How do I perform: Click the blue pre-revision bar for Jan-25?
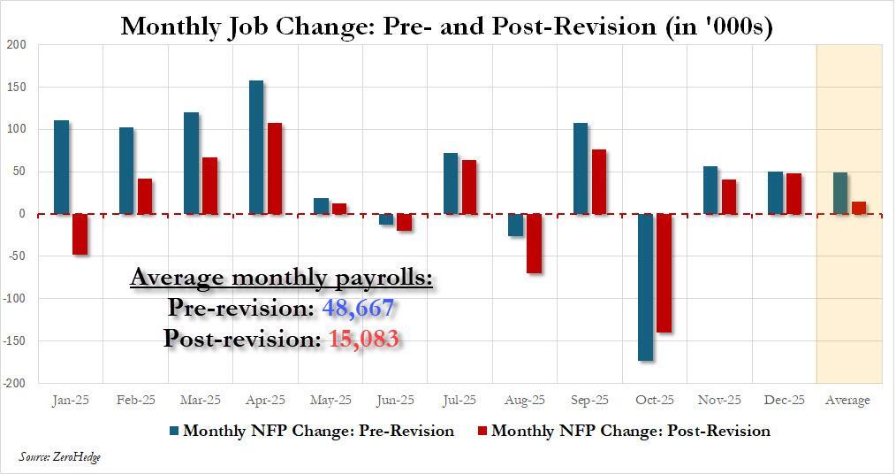pos(62,167)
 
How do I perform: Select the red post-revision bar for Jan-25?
pos(80,234)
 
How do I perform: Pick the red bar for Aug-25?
pos(534,243)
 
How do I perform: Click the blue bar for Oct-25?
pos(645,287)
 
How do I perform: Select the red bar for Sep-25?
pos(599,182)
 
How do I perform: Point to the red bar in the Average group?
pos(859,208)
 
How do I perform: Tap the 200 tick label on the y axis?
pos(16,44)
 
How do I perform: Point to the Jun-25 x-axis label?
pos(396,401)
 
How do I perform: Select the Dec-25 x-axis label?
pos(785,401)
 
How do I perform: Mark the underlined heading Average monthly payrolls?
pos(281,279)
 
